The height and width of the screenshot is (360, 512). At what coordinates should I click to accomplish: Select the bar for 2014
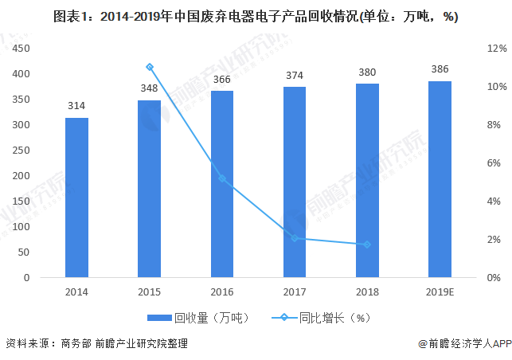click(76, 198)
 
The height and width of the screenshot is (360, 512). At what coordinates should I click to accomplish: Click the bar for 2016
click(222, 184)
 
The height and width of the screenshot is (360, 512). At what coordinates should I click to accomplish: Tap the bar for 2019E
click(440, 179)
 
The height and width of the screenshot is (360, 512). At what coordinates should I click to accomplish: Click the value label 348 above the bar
click(150, 87)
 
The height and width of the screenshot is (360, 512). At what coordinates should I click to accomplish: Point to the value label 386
click(440, 68)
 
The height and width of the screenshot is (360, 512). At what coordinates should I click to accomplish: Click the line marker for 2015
click(150, 67)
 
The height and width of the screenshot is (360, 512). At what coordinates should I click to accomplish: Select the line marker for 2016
click(222, 178)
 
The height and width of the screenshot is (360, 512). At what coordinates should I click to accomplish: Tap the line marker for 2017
click(295, 238)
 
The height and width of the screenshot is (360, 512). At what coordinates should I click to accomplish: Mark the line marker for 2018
click(367, 244)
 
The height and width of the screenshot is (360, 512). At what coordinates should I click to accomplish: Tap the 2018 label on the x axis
click(367, 292)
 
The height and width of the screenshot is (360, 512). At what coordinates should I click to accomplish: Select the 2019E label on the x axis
click(440, 292)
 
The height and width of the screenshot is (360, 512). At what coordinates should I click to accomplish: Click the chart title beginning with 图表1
click(256, 17)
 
